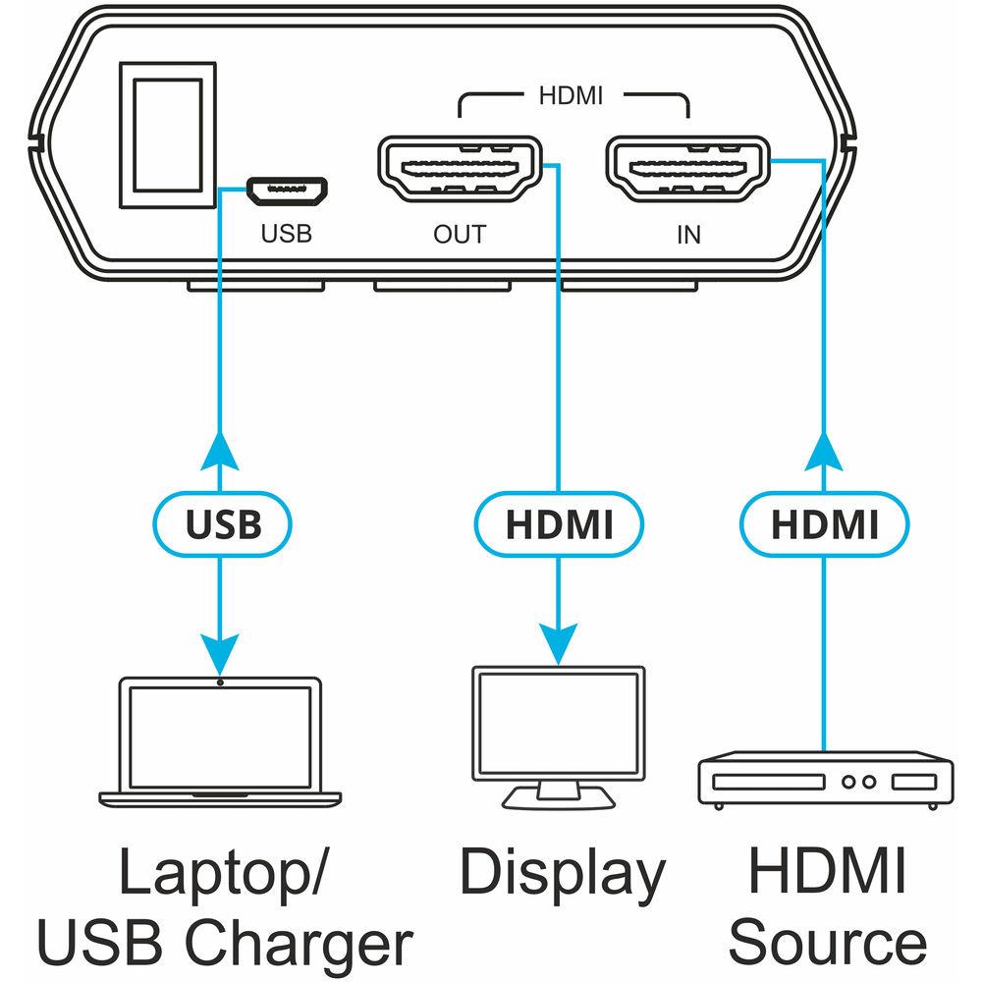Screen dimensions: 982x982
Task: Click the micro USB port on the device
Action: coord(288,191)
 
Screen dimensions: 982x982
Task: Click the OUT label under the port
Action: coord(460,235)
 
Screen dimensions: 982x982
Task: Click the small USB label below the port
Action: coord(286,235)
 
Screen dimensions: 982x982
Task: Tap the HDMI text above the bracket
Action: coord(571,96)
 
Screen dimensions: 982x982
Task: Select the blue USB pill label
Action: coord(223,525)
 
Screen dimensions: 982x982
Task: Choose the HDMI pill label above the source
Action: coord(824,525)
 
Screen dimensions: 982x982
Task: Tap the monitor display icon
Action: coord(559,733)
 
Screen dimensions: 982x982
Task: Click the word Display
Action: coord(563,873)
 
